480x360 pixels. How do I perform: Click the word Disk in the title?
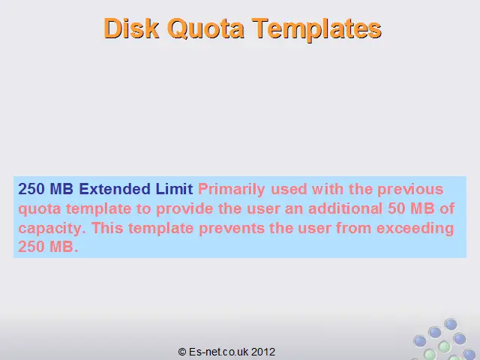[132, 28]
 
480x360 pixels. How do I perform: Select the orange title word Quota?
[205, 29]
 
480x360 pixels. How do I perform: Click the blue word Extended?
[115, 189]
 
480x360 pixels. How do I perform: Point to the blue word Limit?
[174, 189]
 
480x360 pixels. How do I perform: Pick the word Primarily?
[232, 190]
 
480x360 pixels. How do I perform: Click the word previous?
[410, 190]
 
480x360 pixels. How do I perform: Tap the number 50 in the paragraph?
[396, 208]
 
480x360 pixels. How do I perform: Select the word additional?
[345, 208]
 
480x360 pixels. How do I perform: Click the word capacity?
[52, 229]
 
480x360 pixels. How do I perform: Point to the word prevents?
[232, 229]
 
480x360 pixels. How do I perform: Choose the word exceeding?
[415, 229]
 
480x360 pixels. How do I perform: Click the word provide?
[184, 209]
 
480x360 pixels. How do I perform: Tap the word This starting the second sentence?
[107, 228]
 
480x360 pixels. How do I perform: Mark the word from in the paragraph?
[353, 228]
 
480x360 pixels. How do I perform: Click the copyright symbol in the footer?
[182, 352]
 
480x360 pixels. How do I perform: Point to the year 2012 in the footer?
[263, 352]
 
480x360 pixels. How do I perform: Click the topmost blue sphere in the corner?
[451, 324]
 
